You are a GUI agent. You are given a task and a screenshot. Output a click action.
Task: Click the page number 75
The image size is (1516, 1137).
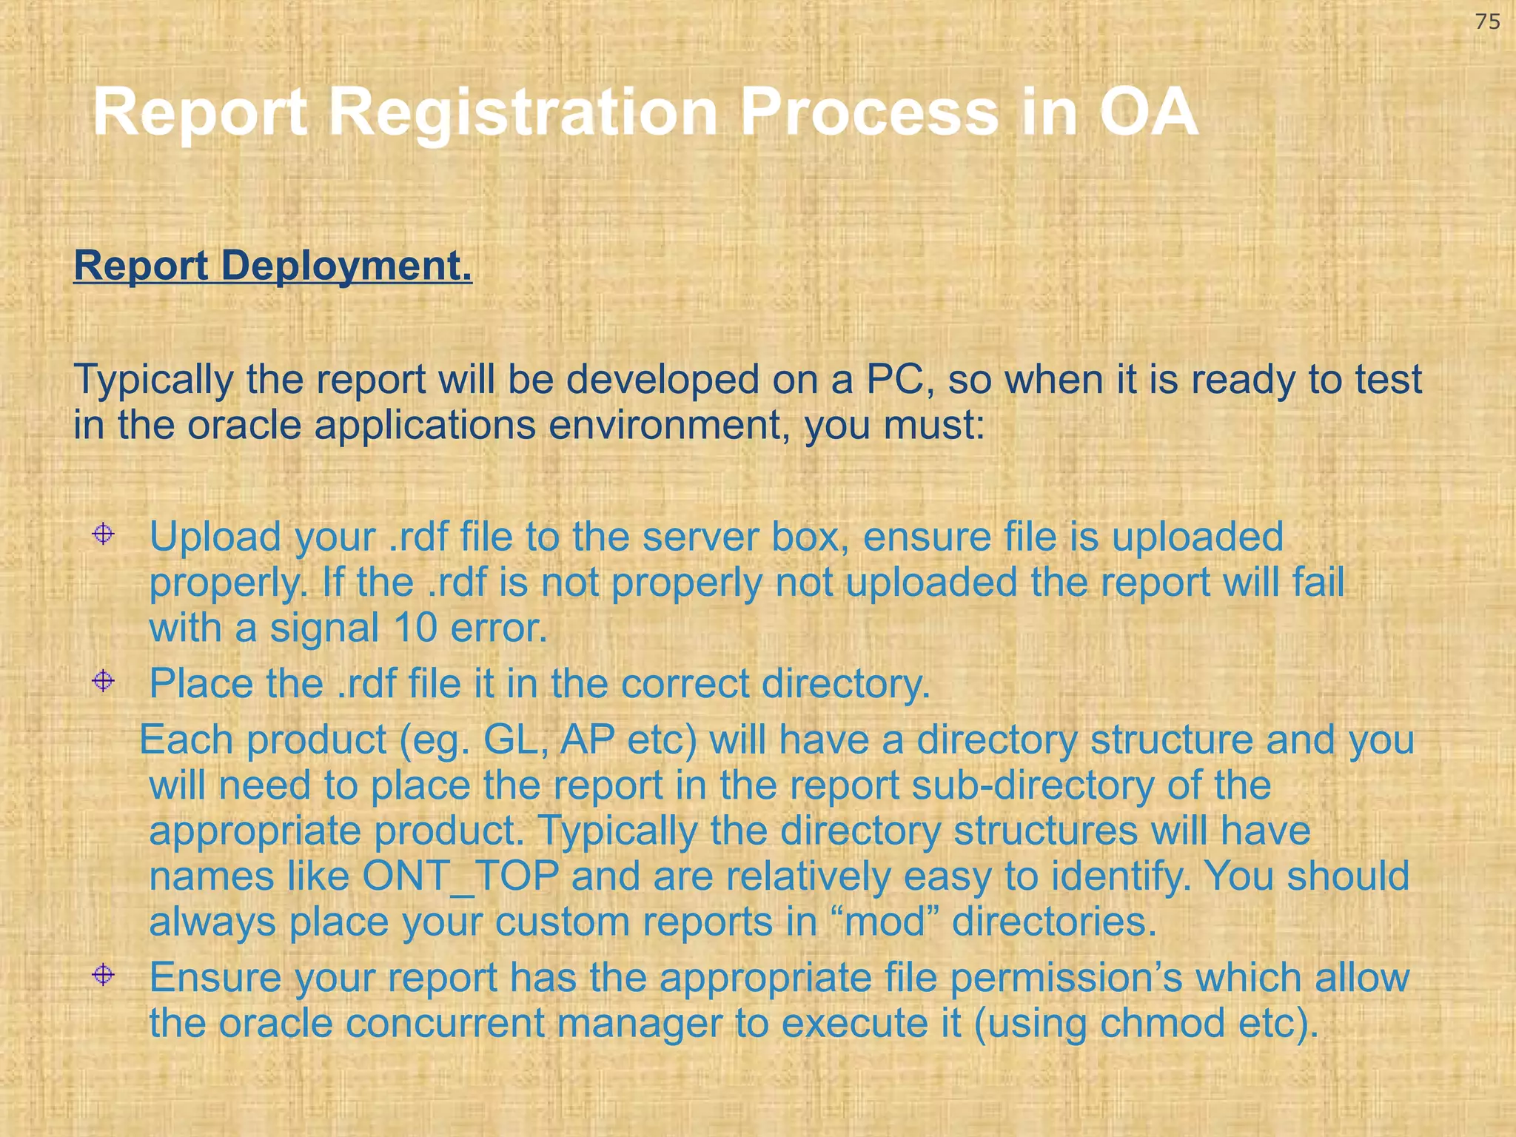pyautogui.click(x=1487, y=22)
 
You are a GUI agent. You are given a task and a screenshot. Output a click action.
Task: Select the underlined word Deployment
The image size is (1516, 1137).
pyautogui.click(x=346, y=266)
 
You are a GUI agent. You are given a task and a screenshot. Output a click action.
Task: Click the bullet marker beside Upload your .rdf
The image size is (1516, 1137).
pyautogui.click(x=103, y=534)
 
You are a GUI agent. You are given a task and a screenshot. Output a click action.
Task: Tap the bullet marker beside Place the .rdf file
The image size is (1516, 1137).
pyautogui.click(x=103, y=680)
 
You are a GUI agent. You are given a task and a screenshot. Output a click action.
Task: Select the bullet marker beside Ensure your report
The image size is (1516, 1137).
pyautogui.click(x=103, y=975)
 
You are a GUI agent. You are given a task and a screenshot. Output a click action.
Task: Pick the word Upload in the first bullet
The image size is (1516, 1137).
pyautogui.click(x=215, y=537)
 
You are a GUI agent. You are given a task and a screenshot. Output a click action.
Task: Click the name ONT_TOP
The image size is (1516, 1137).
pyautogui.click(x=460, y=876)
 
